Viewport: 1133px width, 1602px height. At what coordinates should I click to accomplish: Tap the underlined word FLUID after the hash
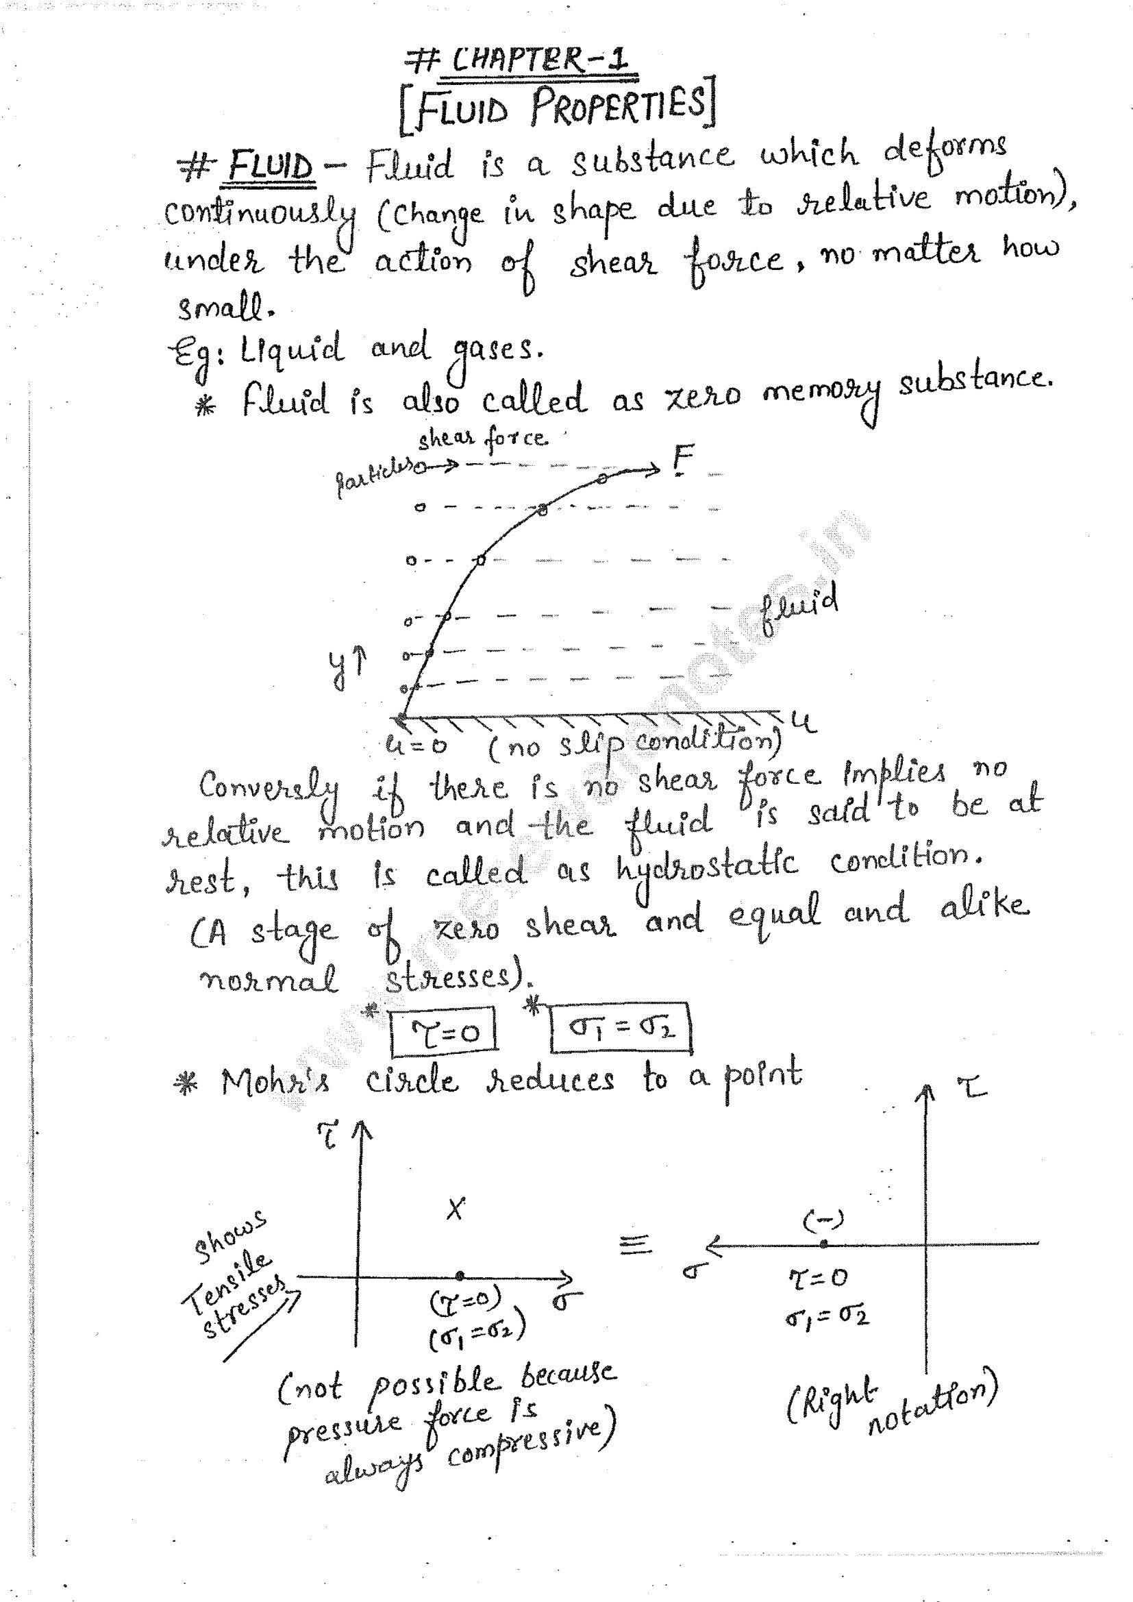coord(271,168)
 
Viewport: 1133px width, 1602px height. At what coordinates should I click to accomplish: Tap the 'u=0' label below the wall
coord(416,745)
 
